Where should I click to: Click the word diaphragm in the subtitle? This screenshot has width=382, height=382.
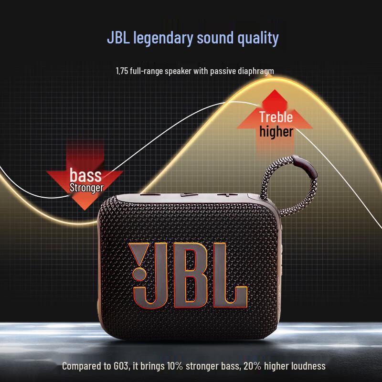[255, 71]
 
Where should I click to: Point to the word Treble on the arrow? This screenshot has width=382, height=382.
[276, 117]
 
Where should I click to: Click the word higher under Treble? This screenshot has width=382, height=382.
[276, 131]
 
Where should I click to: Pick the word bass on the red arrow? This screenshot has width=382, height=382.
[85, 175]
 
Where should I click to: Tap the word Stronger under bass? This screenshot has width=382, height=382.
[86, 187]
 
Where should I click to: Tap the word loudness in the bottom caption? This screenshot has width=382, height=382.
[307, 366]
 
